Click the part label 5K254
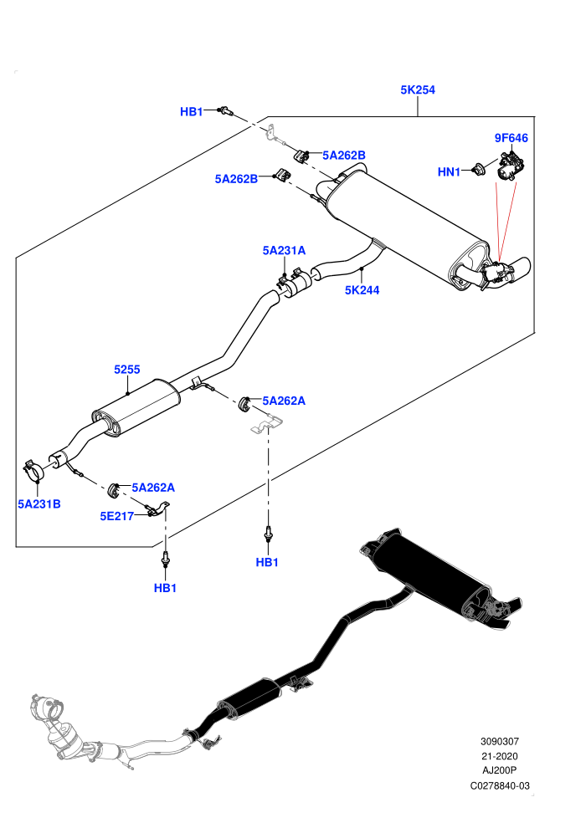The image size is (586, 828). click(418, 89)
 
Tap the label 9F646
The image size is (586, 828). click(511, 138)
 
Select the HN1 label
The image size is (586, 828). click(449, 171)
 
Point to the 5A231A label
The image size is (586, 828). click(284, 250)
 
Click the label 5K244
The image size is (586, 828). click(362, 290)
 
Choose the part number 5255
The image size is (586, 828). click(126, 370)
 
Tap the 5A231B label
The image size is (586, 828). click(39, 503)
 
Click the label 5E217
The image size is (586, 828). click(116, 516)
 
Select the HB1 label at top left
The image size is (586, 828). click(191, 111)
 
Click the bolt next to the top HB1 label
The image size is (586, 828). click(226, 111)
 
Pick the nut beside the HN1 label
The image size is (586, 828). click(479, 170)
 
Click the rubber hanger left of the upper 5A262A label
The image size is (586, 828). click(244, 403)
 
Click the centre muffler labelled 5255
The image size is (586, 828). click(136, 407)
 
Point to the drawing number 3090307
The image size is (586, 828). click(499, 741)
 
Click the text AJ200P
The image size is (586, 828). click(499, 771)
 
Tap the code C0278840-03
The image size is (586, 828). click(499, 785)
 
